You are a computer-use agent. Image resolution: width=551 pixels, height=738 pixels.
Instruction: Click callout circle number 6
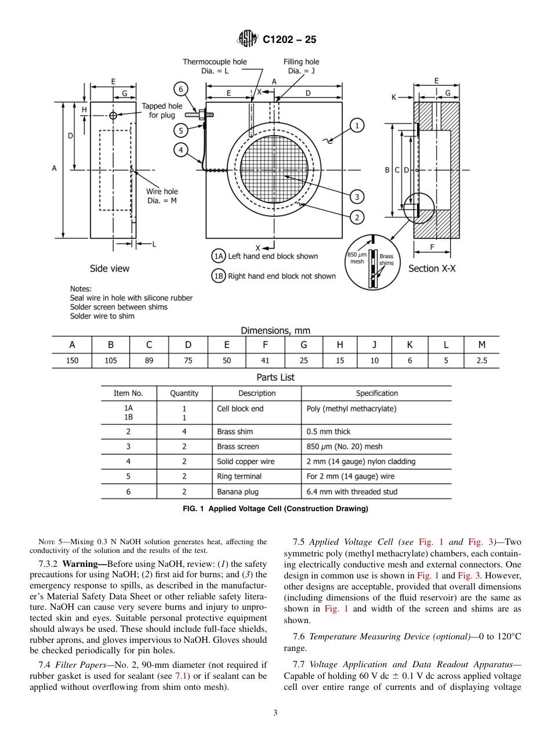click(x=181, y=89)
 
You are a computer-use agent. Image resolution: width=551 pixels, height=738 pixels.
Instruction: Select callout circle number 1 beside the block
click(x=357, y=125)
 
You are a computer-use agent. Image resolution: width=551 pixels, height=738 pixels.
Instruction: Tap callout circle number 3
click(x=357, y=197)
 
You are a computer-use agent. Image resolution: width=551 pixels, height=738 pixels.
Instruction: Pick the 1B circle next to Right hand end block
click(x=218, y=276)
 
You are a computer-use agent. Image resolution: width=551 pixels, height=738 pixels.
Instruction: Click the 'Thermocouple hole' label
click(x=215, y=62)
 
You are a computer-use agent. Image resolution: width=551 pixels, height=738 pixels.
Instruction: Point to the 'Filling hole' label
click(x=301, y=62)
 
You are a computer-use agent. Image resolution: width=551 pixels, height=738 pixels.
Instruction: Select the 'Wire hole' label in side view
click(x=162, y=191)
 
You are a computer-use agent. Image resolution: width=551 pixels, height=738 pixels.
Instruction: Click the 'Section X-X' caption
click(x=432, y=269)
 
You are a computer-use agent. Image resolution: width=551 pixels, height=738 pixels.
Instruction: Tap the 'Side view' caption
click(x=110, y=269)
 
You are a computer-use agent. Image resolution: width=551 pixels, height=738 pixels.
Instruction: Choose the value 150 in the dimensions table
click(x=72, y=360)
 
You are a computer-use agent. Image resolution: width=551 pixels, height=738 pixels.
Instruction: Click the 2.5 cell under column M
click(x=481, y=360)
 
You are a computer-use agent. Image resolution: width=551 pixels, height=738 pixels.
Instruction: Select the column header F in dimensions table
click(x=265, y=345)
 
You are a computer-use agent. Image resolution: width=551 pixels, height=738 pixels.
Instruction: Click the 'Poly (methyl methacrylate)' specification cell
click(x=351, y=408)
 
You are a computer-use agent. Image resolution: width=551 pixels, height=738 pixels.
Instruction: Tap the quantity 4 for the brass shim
click(x=184, y=432)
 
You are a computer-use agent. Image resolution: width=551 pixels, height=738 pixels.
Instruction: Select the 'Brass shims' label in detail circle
click(x=386, y=259)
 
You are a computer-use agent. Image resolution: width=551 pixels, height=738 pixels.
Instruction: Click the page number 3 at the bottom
click(x=275, y=712)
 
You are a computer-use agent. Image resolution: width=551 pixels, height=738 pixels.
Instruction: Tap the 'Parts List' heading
click(x=275, y=377)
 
